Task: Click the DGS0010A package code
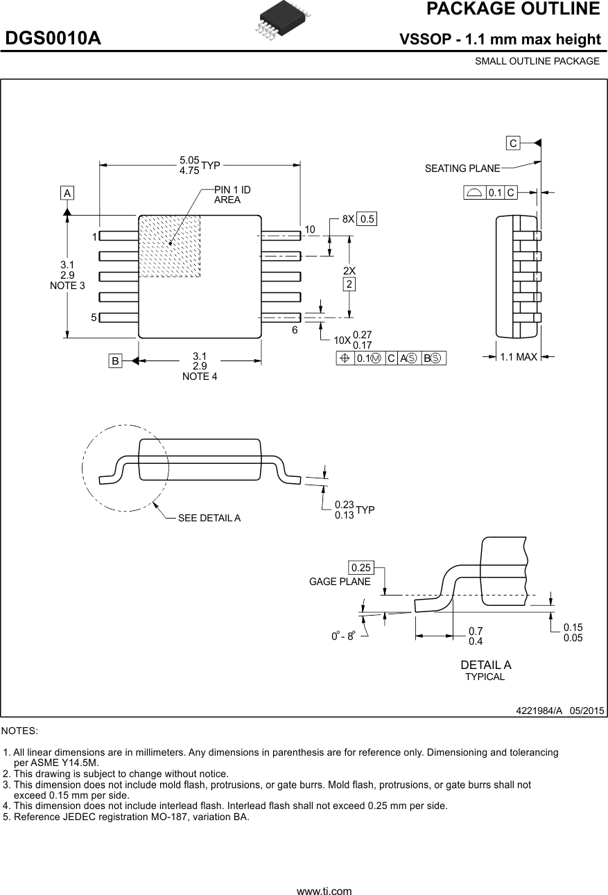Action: click(x=53, y=39)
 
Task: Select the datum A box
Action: click(x=67, y=193)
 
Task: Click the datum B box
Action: click(x=115, y=360)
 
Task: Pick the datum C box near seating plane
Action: click(x=512, y=144)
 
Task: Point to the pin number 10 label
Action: click(x=309, y=229)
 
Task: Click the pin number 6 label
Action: click(x=295, y=330)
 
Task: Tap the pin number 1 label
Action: click(x=94, y=237)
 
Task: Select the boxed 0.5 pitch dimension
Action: click(x=367, y=219)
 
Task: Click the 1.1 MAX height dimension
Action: click(x=519, y=357)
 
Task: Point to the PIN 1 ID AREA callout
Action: click(x=232, y=195)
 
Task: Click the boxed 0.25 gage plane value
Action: click(x=361, y=568)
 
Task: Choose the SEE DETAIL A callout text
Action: click(x=209, y=518)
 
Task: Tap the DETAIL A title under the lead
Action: click(x=486, y=665)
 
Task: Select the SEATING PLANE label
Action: click(x=462, y=168)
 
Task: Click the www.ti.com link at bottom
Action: click(x=324, y=891)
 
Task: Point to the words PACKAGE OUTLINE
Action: click(x=513, y=9)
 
